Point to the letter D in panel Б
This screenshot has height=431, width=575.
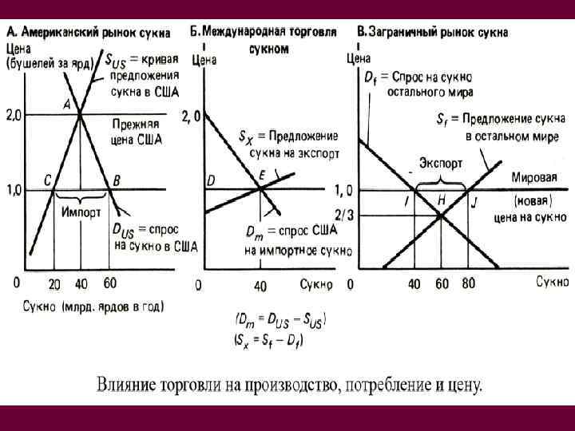coord(211,181)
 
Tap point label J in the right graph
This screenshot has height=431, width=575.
coord(474,202)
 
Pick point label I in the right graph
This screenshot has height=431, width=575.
coord(406,202)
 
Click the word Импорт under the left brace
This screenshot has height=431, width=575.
coord(80,212)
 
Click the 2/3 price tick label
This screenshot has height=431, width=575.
coord(344,214)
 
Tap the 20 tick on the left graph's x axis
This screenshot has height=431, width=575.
coord(54,283)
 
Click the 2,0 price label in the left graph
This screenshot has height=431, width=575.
coord(14,116)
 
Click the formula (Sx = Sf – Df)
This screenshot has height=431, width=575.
coord(270,339)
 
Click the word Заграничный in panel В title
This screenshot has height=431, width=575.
coord(403,32)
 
